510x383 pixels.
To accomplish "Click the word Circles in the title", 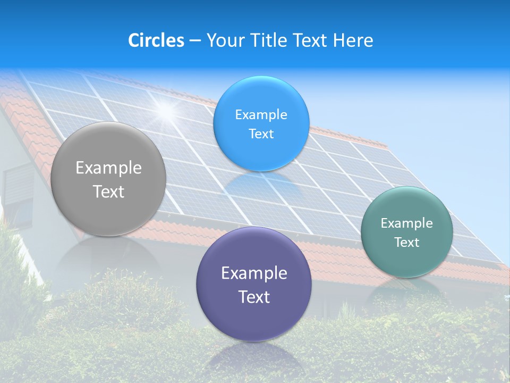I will tap(156, 40).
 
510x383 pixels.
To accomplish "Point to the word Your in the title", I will tap(224, 40).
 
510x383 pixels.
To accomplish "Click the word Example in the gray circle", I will tap(108, 168).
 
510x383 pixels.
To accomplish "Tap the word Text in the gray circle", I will tap(108, 191).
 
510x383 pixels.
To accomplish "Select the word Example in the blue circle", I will tap(261, 115).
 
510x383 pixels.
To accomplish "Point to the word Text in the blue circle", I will tap(261, 134).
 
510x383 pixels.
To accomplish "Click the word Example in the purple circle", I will tap(254, 273).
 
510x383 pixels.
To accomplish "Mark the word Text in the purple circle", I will tap(254, 297).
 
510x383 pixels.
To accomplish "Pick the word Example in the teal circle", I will tap(407, 223).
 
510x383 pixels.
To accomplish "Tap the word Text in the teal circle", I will tap(407, 243).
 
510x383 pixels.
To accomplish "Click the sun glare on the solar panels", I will tap(167, 111).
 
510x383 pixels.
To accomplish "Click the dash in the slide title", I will tap(195, 41).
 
